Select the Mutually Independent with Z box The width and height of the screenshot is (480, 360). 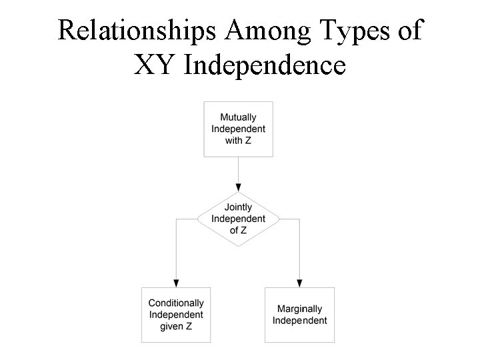tap(238, 129)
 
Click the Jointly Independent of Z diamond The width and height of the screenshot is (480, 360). tap(238, 219)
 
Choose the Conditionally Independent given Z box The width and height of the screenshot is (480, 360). tap(176, 314)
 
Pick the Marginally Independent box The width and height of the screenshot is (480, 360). tap(299, 314)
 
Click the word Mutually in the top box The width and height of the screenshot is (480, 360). tap(238, 117)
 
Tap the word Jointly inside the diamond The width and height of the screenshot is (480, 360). tap(238, 207)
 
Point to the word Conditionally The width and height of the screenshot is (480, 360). tap(176, 303)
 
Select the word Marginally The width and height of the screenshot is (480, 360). tap(299, 309)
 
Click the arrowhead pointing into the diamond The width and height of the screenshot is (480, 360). tap(238, 187)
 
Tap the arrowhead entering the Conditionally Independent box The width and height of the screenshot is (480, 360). tap(176, 282)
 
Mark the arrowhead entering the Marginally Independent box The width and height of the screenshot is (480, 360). tap(299, 282)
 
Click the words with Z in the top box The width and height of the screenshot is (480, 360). tap(238, 140)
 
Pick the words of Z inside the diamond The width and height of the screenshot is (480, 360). tap(238, 230)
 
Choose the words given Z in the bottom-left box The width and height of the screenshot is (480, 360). tap(176, 326)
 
